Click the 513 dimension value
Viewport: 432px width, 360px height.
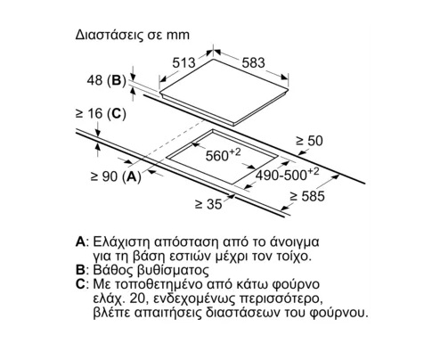click(x=183, y=62)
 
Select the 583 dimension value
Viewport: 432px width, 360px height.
click(x=253, y=62)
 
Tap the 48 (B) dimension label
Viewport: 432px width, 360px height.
click(x=107, y=80)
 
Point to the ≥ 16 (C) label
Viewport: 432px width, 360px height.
click(x=101, y=113)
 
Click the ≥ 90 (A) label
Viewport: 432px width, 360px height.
click(x=116, y=176)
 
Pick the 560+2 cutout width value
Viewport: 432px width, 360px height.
click(x=223, y=155)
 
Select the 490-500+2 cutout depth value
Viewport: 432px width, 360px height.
click(x=287, y=175)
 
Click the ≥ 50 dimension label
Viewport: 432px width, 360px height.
click(x=309, y=141)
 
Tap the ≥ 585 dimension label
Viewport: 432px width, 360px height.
click(x=307, y=196)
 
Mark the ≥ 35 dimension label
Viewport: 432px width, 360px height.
click(x=208, y=204)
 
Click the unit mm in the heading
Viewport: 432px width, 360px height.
click(x=178, y=36)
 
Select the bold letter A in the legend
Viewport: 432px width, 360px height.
click(x=80, y=242)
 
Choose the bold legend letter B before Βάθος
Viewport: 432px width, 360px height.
click(x=80, y=270)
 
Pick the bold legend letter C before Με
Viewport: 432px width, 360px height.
click(x=80, y=284)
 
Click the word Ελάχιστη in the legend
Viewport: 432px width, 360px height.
click(x=122, y=242)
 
